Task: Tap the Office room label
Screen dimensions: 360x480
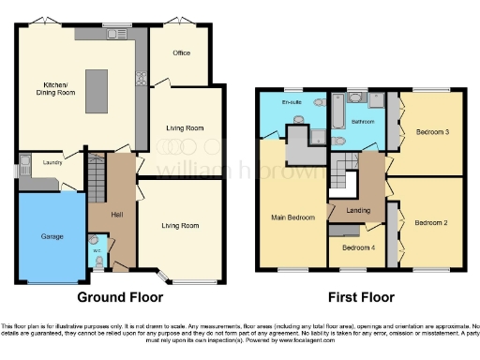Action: tap(181, 52)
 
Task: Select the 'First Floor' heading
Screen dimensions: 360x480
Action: tap(360, 297)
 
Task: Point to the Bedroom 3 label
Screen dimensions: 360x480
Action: tap(433, 132)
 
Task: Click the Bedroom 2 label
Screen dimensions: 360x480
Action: tap(433, 222)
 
